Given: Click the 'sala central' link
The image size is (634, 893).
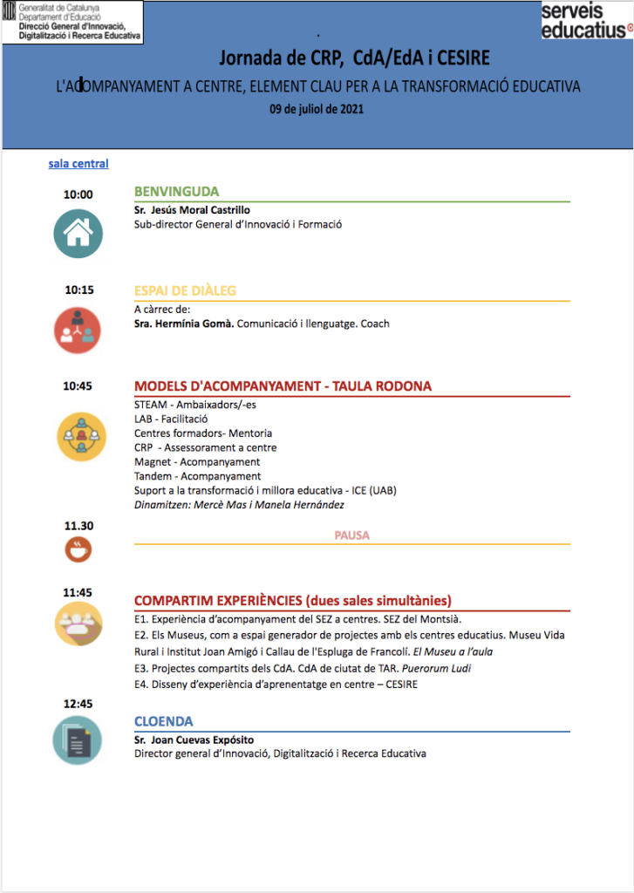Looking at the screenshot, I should point(78,163).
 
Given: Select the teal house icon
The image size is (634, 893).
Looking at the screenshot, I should point(78,233).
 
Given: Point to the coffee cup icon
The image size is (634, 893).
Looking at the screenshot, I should point(78,550).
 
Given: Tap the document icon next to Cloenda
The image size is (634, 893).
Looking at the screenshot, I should point(78,740).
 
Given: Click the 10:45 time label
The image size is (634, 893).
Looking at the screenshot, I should point(78,385).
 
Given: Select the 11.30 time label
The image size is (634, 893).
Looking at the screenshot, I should point(78,526).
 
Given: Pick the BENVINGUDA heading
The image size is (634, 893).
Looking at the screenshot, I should point(176,192).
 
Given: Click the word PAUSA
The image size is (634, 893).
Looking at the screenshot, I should point(352,535).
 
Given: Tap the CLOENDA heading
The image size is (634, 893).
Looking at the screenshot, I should point(164,721).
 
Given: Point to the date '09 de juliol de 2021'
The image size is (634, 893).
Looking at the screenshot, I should point(317,110).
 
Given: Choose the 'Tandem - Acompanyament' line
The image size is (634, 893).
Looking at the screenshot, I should point(197,476).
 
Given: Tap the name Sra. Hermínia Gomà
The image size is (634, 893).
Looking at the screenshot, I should point(184,324).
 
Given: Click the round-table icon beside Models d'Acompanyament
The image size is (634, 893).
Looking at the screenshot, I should point(81,435).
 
